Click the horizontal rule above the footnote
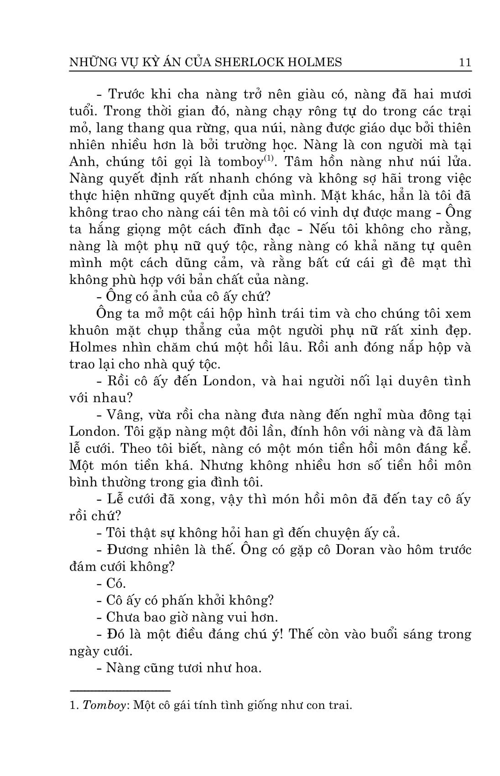(120, 691)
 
